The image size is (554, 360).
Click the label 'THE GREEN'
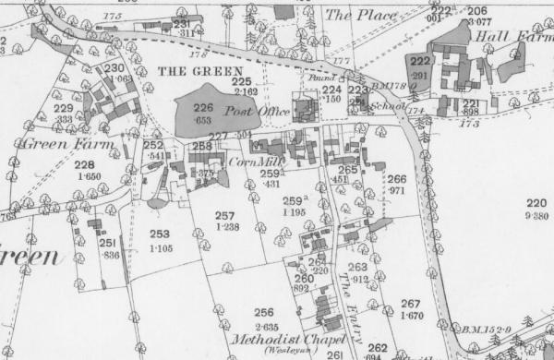click(199, 71)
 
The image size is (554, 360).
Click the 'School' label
click(383, 106)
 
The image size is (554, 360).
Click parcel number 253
click(160, 234)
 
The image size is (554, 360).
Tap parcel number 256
click(265, 312)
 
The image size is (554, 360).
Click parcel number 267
click(411, 304)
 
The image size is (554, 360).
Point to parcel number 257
click(225, 215)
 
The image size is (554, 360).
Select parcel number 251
click(107, 243)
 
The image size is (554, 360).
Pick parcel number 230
click(114, 68)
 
